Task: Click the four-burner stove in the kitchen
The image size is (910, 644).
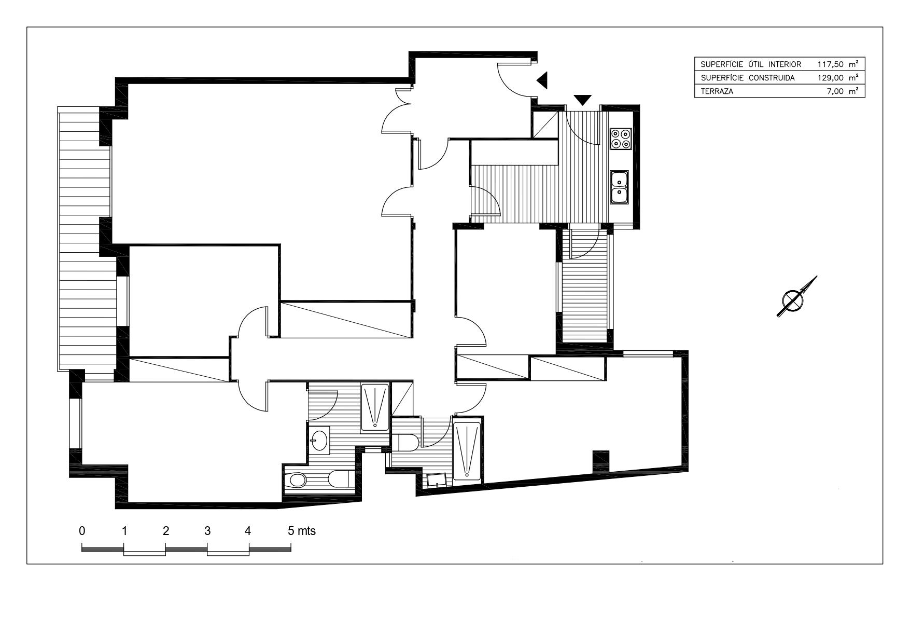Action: (620, 138)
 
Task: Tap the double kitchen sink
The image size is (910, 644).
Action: (620, 187)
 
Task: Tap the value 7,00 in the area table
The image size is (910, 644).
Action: (836, 91)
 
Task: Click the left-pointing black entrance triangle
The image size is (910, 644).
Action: (542, 80)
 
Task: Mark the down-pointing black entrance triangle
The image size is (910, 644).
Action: (583, 100)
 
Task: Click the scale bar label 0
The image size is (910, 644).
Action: (82, 531)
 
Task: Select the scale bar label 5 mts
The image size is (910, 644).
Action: (302, 531)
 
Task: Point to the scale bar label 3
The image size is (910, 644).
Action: (207, 531)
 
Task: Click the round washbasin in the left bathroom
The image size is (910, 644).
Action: (319, 440)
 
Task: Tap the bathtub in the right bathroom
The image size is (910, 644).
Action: (467, 450)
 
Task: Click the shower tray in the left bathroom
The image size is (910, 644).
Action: (374, 407)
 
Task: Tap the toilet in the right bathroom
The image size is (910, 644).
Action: (405, 443)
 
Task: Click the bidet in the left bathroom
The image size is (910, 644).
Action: (297, 479)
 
